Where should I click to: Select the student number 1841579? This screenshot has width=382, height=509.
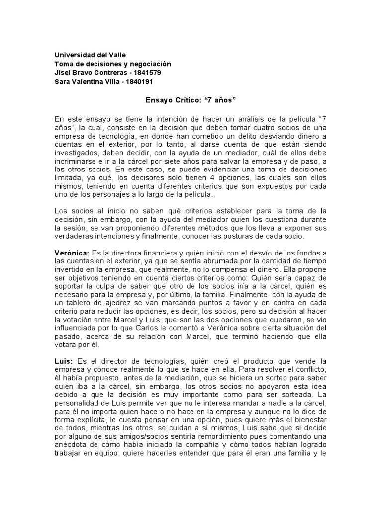tap(147, 73)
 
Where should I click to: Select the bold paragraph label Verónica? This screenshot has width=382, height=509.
tap(71, 253)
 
